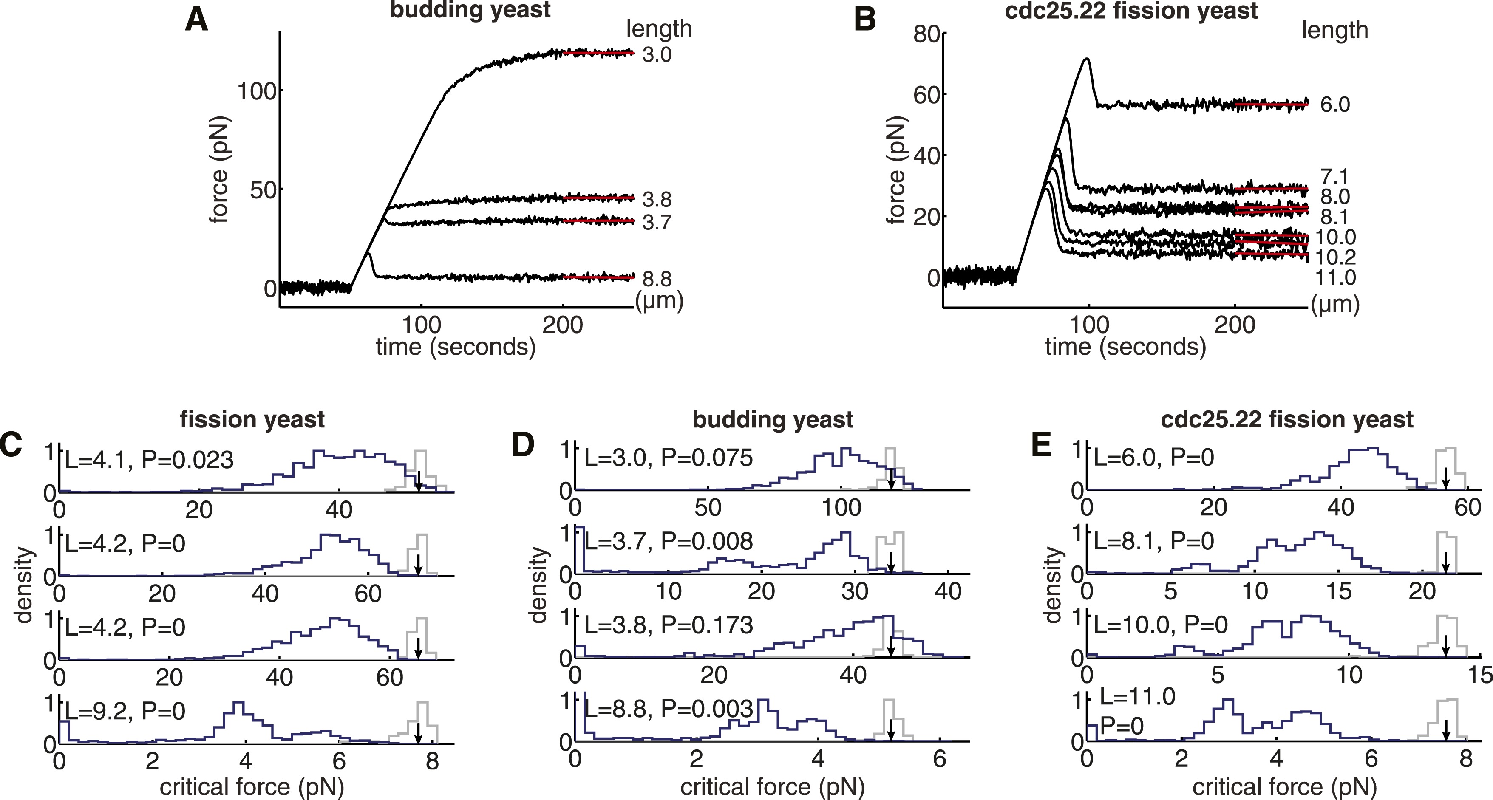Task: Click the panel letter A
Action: point(196,21)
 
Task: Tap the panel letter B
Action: point(865,21)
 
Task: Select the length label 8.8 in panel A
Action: point(657,279)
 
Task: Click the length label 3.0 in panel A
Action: point(657,55)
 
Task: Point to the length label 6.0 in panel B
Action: point(1335,105)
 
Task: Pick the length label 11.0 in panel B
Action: point(1335,278)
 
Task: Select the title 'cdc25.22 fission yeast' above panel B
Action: point(1131,11)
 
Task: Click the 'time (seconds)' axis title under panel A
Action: point(456,346)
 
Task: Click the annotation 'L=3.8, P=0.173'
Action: point(668,625)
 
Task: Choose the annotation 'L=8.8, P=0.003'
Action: point(668,709)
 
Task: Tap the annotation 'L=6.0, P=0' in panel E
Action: point(1153,458)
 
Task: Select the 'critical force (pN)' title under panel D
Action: point(772,787)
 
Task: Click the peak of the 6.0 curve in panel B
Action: point(1086,59)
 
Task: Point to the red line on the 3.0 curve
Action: point(599,53)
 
